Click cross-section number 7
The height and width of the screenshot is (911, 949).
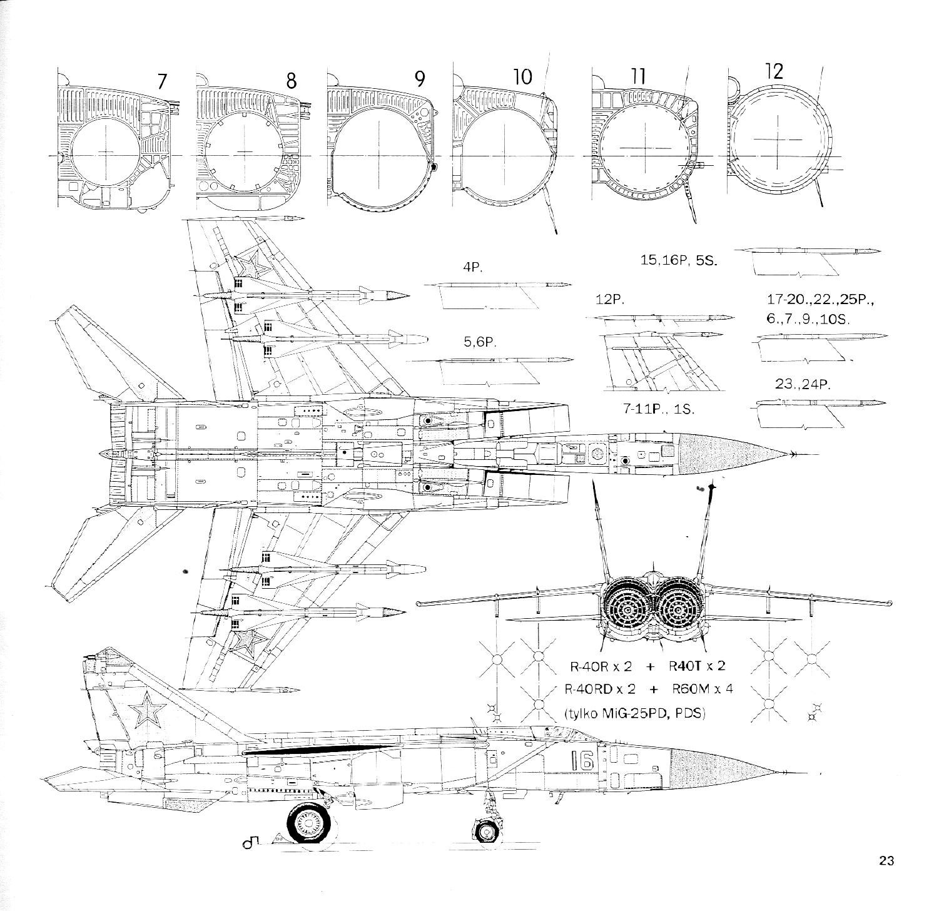tap(162, 81)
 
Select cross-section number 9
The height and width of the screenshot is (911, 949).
tap(419, 79)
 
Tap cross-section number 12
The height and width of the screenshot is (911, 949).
tap(774, 71)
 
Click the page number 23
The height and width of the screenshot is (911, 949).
tap(886, 860)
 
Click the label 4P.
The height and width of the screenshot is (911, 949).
tap(471, 267)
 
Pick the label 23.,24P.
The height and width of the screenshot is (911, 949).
tap(802, 384)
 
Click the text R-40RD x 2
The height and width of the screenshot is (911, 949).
tap(600, 689)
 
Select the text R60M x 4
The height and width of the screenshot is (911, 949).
tap(702, 689)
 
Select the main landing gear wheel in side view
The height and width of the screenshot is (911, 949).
tap(310, 825)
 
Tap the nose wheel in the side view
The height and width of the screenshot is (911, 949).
tap(485, 831)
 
